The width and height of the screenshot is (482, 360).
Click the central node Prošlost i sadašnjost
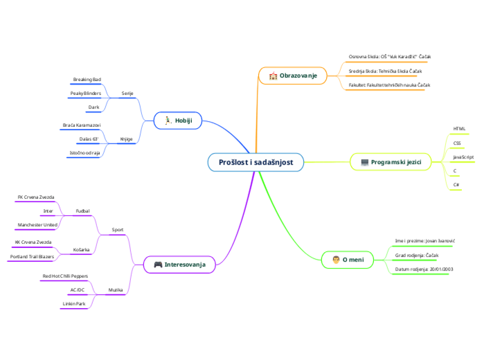point(256,162)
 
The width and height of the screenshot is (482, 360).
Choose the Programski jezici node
point(391,162)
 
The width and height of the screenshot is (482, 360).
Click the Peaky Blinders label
point(86,93)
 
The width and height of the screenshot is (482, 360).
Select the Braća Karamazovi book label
point(82,125)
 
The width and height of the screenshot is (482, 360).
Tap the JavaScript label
point(463,157)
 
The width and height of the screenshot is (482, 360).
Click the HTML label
point(459,129)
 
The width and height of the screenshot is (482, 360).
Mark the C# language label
point(456,185)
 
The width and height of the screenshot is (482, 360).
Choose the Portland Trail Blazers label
point(32,256)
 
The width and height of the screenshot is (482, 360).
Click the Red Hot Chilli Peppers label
point(65,276)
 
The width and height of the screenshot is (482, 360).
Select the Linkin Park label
point(74,303)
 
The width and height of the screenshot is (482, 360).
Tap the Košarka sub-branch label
point(81,249)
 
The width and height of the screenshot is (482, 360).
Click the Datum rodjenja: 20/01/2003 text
point(424,268)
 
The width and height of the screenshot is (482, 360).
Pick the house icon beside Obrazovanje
point(273,75)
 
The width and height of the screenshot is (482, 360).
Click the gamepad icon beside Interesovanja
point(157,264)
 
